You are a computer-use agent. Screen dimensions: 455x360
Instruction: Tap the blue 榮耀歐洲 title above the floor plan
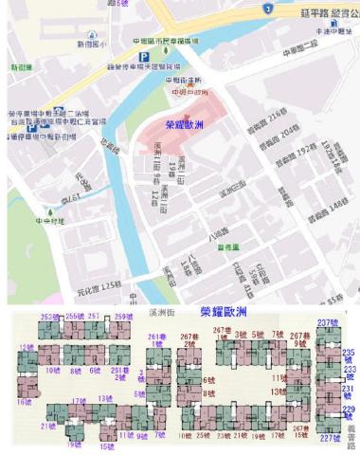point(225,311)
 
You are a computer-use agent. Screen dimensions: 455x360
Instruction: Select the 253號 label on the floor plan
point(51,316)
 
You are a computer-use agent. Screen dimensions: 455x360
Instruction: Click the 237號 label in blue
point(327,322)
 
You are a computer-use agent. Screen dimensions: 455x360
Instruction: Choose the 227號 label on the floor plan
point(329,438)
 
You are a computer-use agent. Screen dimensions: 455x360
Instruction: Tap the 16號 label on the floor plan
point(24,402)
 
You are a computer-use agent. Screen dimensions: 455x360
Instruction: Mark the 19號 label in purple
point(74,443)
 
